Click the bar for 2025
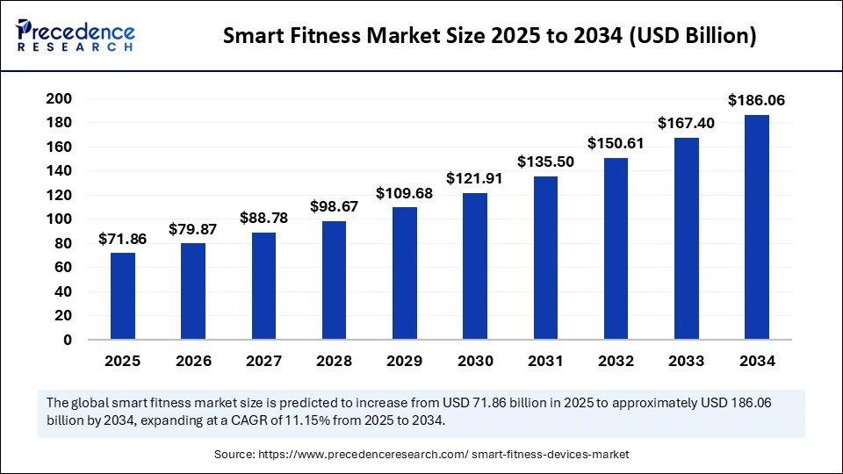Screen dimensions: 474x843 click(123, 296)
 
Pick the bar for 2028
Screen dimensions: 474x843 click(335, 280)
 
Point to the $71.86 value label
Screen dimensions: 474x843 click(123, 238)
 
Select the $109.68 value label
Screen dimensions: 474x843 click(405, 192)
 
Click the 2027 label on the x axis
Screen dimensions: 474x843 click(263, 361)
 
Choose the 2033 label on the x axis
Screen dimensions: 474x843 click(686, 361)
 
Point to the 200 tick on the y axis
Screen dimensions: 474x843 click(58, 98)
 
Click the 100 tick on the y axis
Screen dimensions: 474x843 click(58, 219)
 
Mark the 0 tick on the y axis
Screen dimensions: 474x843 click(67, 340)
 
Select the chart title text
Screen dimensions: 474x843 click(489, 36)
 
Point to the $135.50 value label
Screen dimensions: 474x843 click(545, 162)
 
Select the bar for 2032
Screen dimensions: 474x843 click(616, 248)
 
